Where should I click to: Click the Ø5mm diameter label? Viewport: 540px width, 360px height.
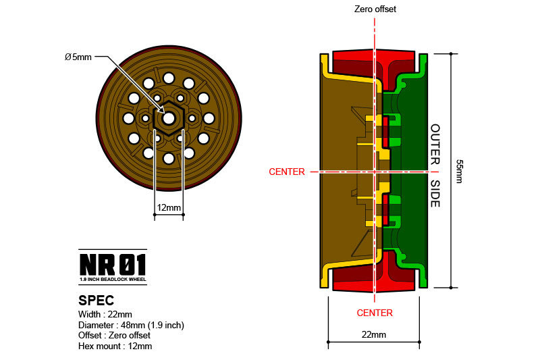(78, 57)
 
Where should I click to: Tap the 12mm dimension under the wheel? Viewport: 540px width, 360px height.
(168, 208)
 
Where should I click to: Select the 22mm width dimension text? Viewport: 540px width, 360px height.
(373, 335)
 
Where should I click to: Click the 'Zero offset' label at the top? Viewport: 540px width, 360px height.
(375, 9)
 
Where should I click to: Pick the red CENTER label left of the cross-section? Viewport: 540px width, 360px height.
(287, 172)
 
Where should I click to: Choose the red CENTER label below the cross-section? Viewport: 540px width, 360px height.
(375, 313)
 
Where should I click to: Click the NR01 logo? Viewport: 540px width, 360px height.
(113, 263)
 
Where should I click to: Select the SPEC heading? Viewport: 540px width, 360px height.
(97, 300)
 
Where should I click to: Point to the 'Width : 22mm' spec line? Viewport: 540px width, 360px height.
(106, 314)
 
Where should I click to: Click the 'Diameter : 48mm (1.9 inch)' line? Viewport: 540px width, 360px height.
(132, 325)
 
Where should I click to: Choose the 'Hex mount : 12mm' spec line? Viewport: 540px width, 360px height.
(115, 346)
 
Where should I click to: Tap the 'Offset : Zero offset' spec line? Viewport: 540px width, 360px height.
(115, 336)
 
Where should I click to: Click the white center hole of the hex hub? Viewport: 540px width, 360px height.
(168, 118)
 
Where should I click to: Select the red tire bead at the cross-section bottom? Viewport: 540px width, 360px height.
(374, 284)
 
